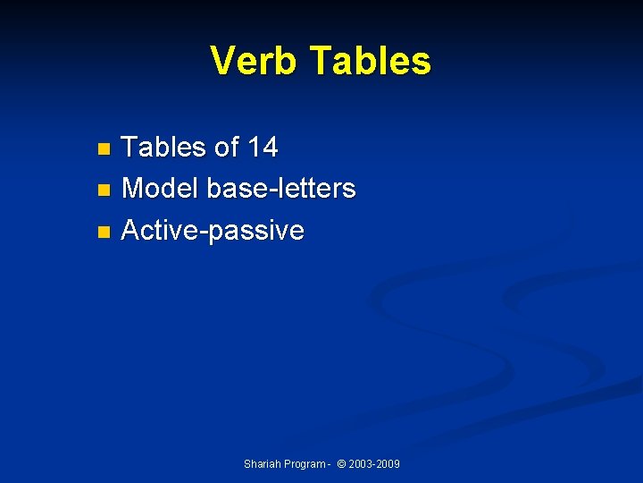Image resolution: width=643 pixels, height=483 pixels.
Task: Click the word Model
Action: [160, 189]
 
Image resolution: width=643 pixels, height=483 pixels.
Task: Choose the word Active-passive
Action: [213, 231]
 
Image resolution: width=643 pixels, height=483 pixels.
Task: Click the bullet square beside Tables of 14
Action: [104, 148]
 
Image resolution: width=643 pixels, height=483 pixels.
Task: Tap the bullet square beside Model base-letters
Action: [104, 191]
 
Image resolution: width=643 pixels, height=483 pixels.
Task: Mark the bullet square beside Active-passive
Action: [104, 233]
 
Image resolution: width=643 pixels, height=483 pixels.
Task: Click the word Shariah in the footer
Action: [262, 464]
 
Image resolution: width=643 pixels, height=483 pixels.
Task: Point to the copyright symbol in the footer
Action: [340, 464]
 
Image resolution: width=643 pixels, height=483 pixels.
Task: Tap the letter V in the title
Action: [222, 61]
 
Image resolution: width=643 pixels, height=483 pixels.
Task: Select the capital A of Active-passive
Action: [130, 231]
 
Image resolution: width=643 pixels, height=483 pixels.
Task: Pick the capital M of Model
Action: [133, 189]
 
